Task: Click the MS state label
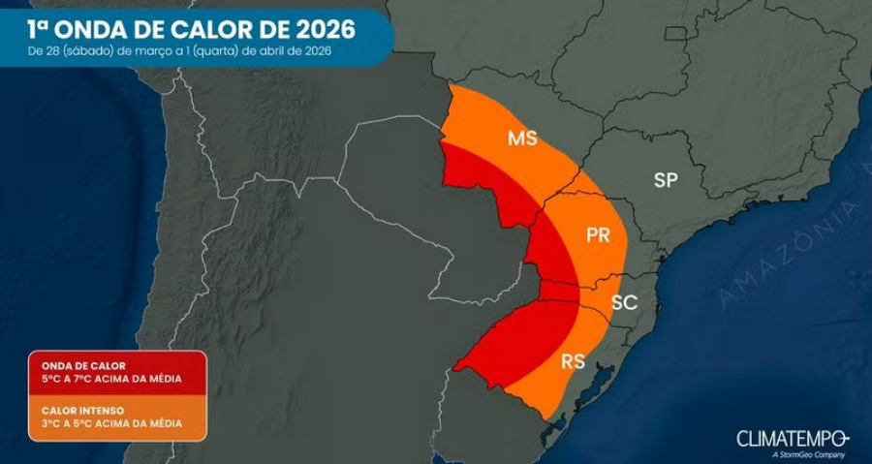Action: pyautogui.click(x=522, y=139)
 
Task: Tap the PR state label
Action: pyautogui.click(x=599, y=234)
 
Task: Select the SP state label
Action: pyautogui.click(x=665, y=179)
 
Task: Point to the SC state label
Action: pyautogui.click(x=624, y=302)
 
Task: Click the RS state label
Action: pyautogui.click(x=573, y=361)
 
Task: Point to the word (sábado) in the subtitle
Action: pyautogui.click(x=88, y=51)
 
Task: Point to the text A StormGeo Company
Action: pyautogui.click(x=810, y=453)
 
